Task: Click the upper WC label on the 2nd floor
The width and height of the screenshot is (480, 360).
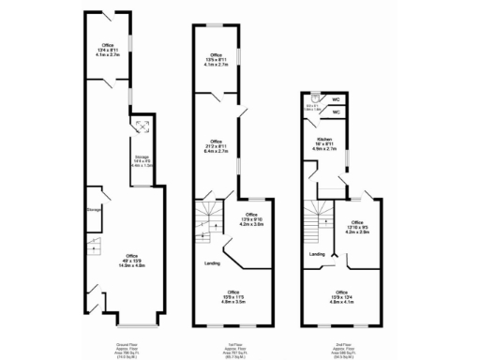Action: click(335, 98)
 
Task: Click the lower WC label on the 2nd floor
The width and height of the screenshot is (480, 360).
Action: click(335, 112)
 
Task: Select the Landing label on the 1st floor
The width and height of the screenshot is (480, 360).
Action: click(213, 263)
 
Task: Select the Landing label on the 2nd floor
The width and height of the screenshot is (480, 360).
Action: click(318, 254)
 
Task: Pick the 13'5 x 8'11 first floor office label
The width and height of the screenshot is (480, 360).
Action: click(217, 61)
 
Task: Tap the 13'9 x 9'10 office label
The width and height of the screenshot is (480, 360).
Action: click(252, 220)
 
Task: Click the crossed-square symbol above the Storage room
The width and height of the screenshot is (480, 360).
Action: click(141, 127)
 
